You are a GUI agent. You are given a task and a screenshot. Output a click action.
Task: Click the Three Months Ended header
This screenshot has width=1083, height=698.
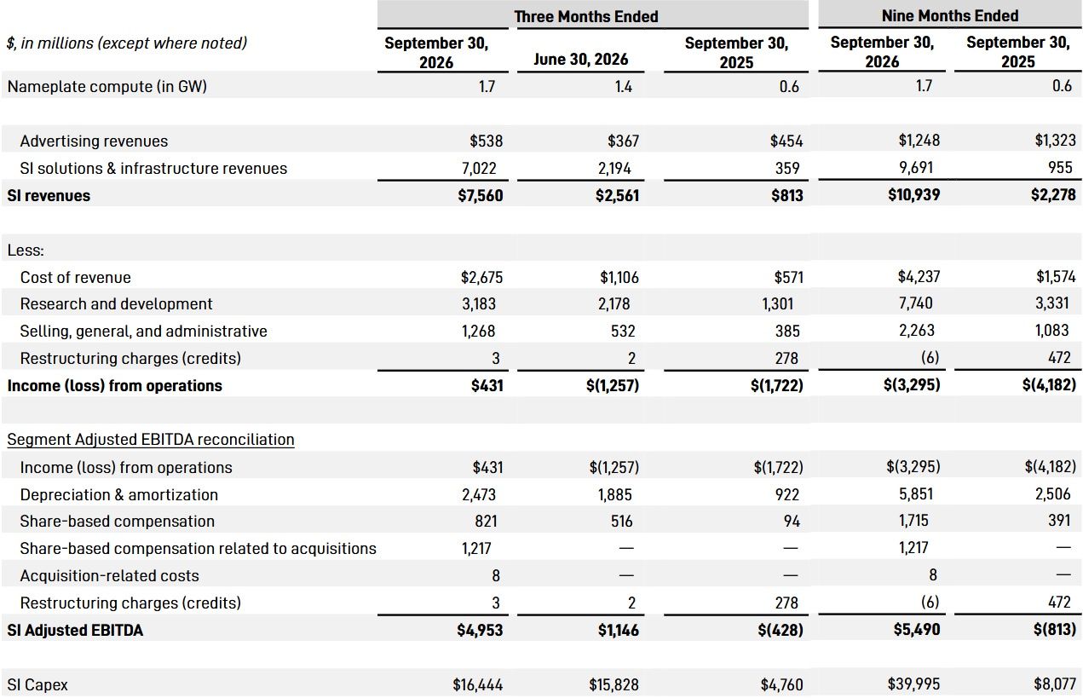[586, 16]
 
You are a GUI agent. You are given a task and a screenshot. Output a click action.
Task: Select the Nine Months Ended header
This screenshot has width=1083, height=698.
[950, 15]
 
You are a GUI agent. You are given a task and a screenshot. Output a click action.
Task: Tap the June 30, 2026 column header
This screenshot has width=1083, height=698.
[580, 59]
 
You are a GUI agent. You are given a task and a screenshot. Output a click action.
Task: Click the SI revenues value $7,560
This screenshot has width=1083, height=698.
[480, 195]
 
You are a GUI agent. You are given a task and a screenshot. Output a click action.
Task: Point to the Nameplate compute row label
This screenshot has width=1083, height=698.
[107, 86]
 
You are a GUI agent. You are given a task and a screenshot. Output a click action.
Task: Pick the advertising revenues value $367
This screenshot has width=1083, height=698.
[623, 141]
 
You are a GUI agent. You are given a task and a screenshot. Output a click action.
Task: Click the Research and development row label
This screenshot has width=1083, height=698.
[116, 303]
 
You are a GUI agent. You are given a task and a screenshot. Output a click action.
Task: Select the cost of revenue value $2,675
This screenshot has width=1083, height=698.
[481, 277]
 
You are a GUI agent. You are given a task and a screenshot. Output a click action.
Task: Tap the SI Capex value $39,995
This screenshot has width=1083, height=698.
[913, 684]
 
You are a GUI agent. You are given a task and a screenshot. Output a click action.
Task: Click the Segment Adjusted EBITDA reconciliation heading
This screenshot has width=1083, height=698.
[151, 439]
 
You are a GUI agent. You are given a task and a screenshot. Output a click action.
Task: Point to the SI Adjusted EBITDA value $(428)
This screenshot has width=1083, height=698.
[781, 630]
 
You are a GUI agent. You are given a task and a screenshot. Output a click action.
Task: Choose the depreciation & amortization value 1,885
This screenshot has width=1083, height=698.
[615, 494]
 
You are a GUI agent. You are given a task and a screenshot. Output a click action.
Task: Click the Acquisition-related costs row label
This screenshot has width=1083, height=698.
[109, 575]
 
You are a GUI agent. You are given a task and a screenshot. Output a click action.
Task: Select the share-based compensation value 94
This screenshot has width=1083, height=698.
[792, 521]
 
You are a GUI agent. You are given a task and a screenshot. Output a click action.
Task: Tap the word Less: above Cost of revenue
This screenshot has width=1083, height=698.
[26, 250]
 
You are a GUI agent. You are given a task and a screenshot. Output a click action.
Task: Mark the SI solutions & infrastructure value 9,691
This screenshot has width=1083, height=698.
[916, 167]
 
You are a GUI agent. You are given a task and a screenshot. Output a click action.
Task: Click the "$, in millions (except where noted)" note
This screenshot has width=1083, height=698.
[127, 43]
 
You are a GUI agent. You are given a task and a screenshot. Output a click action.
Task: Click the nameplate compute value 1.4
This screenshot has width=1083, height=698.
[623, 86]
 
